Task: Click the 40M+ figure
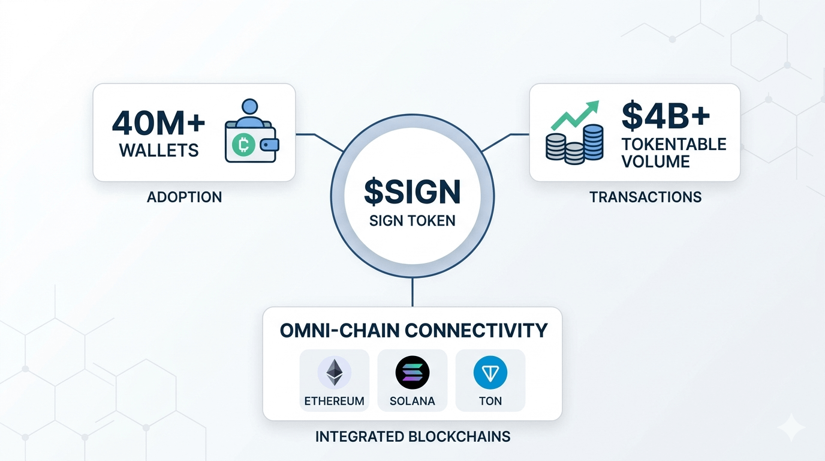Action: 159,122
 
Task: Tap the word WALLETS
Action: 159,150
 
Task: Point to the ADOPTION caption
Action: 184,197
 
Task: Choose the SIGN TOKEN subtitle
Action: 412,220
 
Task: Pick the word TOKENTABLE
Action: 674,145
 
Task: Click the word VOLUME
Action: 655,161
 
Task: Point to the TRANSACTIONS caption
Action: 645,197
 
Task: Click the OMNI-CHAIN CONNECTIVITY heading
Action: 414,330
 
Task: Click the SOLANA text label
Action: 412,401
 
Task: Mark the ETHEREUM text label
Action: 335,401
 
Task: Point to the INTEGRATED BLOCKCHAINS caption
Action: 412,436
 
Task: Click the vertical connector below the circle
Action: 412,292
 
